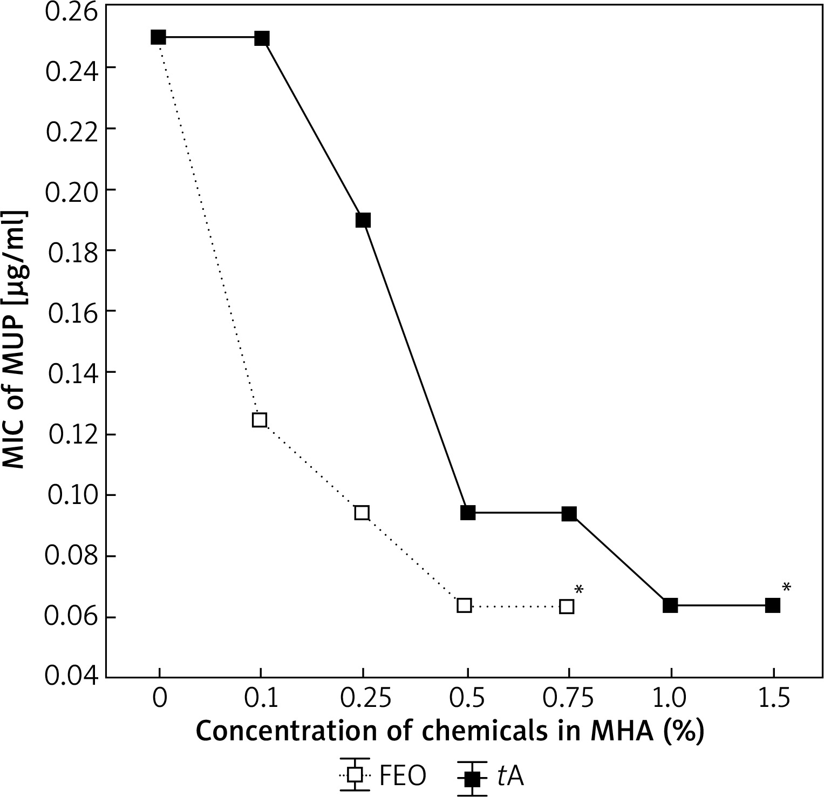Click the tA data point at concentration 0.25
[x=363, y=220]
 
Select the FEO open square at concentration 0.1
[x=260, y=419]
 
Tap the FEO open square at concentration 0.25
[x=362, y=512]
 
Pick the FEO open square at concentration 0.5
[x=464, y=605]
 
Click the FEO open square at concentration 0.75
[x=567, y=606]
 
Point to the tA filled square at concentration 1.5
[x=773, y=605]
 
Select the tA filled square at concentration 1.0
[x=670, y=605]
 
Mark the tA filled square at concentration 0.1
[x=262, y=38]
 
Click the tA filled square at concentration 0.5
[x=468, y=513]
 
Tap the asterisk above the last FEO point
[x=579, y=590]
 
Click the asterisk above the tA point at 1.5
[x=786, y=588]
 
